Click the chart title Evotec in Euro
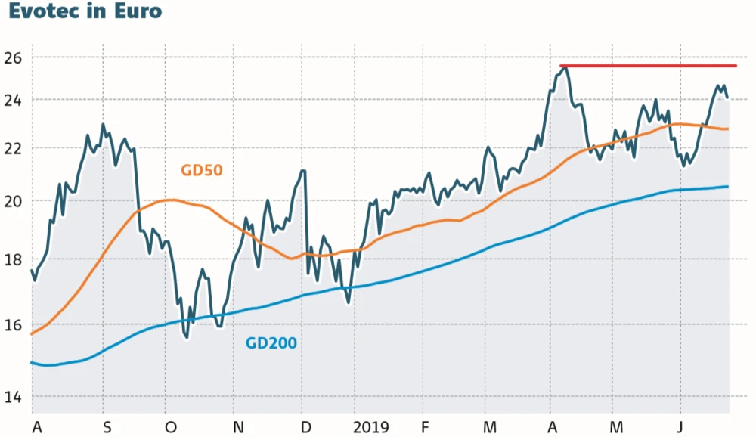(85, 13)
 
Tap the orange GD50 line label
(202, 170)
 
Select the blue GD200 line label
(271, 343)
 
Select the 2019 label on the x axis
(371, 428)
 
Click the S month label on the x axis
(107, 428)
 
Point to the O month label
(171, 428)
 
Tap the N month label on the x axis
(238, 428)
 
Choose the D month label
(305, 428)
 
